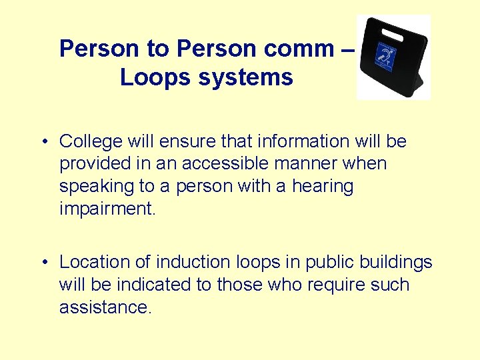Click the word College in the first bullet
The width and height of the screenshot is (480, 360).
point(90,141)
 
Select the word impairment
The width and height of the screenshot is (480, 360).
point(107,209)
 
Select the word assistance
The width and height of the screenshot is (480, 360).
point(106,307)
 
